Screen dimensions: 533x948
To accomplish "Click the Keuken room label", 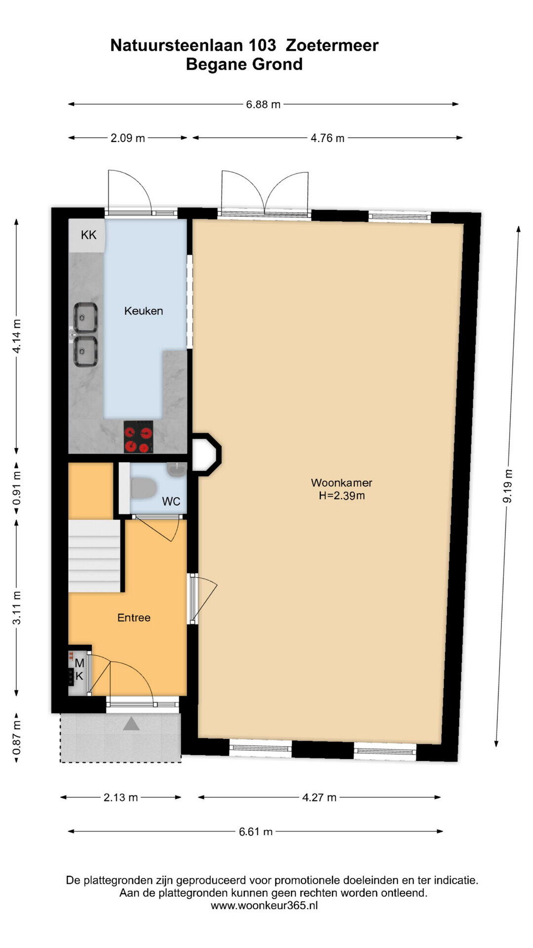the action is [x=144, y=311].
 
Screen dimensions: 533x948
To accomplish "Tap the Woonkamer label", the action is [x=342, y=483].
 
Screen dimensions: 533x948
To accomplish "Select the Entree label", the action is [x=134, y=618].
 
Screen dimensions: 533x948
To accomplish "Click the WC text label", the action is [x=171, y=502].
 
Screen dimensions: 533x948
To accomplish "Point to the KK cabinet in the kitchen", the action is [x=87, y=236].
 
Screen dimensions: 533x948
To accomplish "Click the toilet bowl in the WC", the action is [x=143, y=487].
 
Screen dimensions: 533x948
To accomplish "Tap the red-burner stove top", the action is [x=138, y=436].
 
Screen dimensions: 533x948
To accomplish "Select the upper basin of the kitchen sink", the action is [x=85, y=317].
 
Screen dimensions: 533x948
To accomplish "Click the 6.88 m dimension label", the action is [x=264, y=104].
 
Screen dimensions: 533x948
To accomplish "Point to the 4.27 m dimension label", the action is [x=319, y=797].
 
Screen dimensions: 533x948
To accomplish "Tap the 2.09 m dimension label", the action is [x=128, y=138].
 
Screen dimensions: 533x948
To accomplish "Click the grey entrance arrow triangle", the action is [x=131, y=724].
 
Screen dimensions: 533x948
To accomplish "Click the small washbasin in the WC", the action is [x=176, y=470].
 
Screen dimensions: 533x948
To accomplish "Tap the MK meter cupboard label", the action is [x=79, y=670].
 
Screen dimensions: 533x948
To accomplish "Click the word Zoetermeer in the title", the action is [x=332, y=45].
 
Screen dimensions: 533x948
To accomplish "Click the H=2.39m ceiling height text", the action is [x=342, y=496].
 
